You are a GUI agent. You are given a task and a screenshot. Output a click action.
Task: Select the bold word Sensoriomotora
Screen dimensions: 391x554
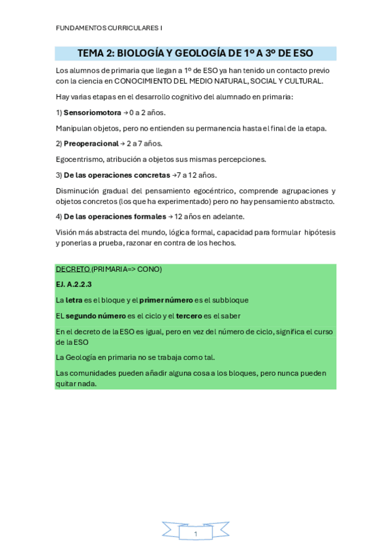click(91, 112)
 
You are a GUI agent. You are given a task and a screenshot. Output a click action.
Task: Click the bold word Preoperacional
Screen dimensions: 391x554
click(91, 144)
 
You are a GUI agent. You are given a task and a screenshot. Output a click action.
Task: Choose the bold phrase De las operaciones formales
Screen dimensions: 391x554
click(115, 217)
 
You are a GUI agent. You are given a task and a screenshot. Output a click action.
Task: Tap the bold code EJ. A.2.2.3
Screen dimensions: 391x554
click(74, 284)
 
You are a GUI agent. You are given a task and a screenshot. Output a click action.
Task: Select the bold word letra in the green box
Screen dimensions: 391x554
click(73, 300)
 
